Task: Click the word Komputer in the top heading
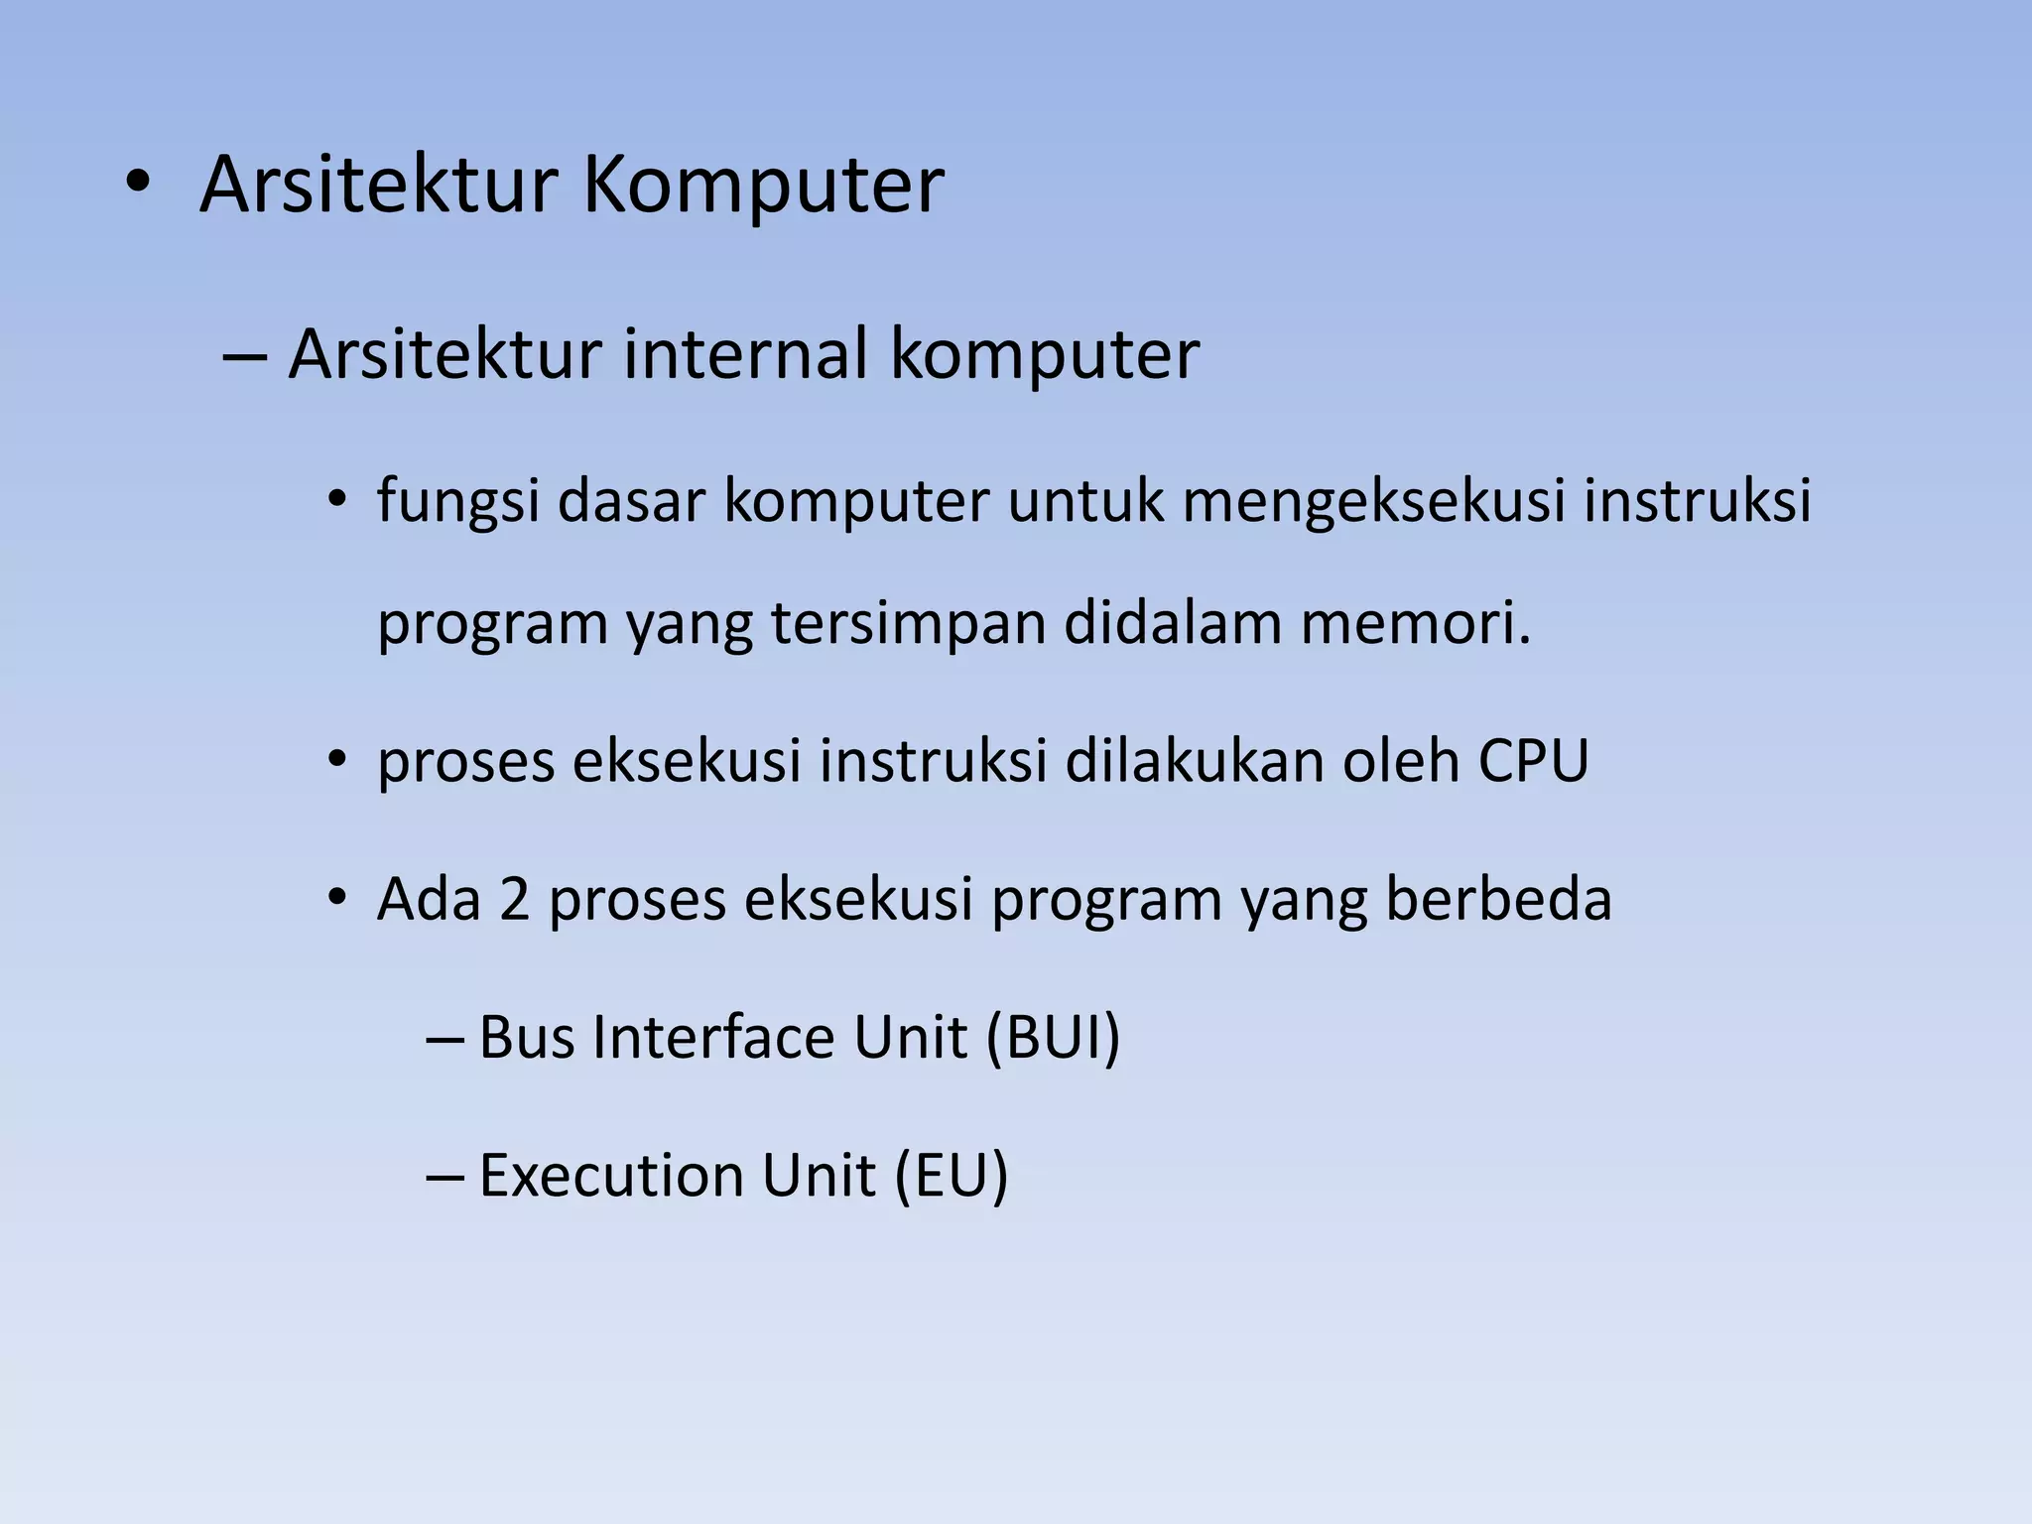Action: [x=762, y=186]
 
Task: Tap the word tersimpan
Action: [x=907, y=624]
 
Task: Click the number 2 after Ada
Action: [x=514, y=899]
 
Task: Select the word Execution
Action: [x=610, y=1176]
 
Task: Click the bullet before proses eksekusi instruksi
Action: [x=337, y=761]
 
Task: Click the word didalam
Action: [x=1172, y=624]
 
